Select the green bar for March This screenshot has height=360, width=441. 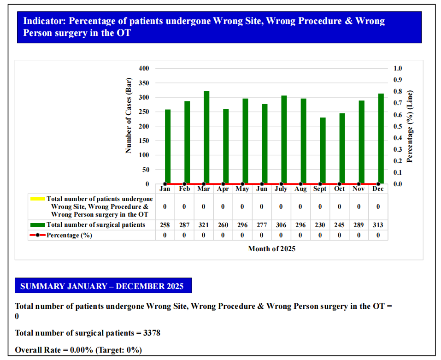206,137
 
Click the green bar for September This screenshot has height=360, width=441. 323,150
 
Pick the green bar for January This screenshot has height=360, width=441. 168,147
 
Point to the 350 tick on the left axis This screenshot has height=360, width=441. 144,83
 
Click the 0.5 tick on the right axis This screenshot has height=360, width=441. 398,126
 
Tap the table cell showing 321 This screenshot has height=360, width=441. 203,225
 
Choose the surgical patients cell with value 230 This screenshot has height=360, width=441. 320,225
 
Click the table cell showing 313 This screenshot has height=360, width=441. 378,225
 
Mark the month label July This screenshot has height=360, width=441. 281,189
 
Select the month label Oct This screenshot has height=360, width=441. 339,189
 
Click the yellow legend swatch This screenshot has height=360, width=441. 37,199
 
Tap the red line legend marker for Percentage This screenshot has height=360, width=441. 37,235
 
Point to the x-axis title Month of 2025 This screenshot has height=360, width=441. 271,249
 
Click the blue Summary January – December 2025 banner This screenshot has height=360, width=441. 103,286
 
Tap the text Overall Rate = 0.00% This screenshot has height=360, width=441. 54,350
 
